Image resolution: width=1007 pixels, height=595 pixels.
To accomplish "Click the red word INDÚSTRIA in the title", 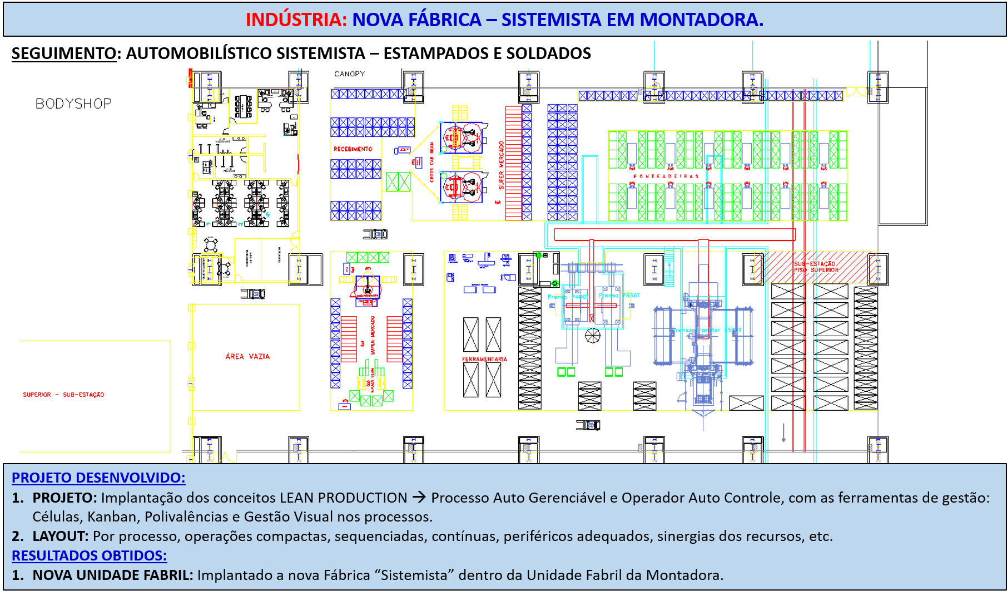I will pos(296,19).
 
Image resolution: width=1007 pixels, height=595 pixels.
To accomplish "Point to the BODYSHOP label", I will pos(73,104).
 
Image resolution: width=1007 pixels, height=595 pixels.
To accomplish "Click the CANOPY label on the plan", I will pos(349,73).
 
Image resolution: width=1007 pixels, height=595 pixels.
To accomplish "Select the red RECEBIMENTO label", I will pos(353,149).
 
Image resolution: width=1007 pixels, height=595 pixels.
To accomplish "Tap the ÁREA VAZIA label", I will pos(247,356).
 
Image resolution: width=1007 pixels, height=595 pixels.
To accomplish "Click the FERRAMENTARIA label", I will pos(484,359).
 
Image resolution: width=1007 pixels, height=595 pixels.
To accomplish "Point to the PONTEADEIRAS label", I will pos(666,176).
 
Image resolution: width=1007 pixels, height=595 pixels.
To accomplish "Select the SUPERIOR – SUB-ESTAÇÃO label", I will pos(63,395).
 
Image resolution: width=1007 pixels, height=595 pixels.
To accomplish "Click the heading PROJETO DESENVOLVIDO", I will pos(98,478).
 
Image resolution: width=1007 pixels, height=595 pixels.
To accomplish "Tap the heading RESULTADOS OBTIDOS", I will pos(89,555).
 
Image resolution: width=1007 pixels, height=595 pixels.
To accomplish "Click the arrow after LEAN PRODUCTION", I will pos(419,498).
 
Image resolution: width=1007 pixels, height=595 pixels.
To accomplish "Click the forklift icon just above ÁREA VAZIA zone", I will pos(253,293).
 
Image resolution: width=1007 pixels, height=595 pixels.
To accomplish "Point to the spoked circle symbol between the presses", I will pos(593,336).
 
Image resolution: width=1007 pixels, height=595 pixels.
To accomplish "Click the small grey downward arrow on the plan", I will pos(783,432).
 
